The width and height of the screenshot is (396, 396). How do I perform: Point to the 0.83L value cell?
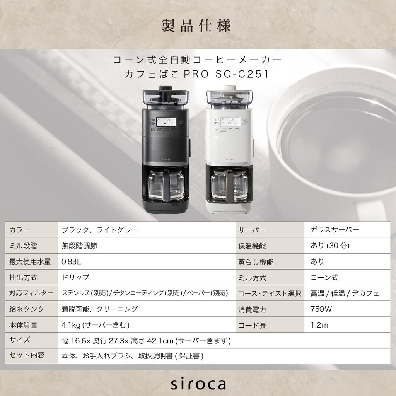pyautogui.click(x=72, y=261)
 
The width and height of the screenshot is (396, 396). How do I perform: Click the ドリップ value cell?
pyautogui.click(x=75, y=277)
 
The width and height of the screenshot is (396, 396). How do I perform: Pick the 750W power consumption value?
pyautogui.click(x=321, y=309)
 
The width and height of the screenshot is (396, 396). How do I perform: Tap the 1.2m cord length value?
pyautogui.click(x=319, y=325)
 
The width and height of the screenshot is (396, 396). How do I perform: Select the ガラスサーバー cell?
pyautogui.click(x=335, y=230)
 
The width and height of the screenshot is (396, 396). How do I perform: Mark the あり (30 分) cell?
pyautogui.click(x=330, y=246)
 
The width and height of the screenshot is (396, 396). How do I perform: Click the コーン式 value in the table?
pyautogui.click(x=324, y=277)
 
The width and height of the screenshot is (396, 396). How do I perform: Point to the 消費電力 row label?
pyautogui.click(x=252, y=309)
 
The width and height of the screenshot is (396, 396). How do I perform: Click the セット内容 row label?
pyautogui.click(x=27, y=355)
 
